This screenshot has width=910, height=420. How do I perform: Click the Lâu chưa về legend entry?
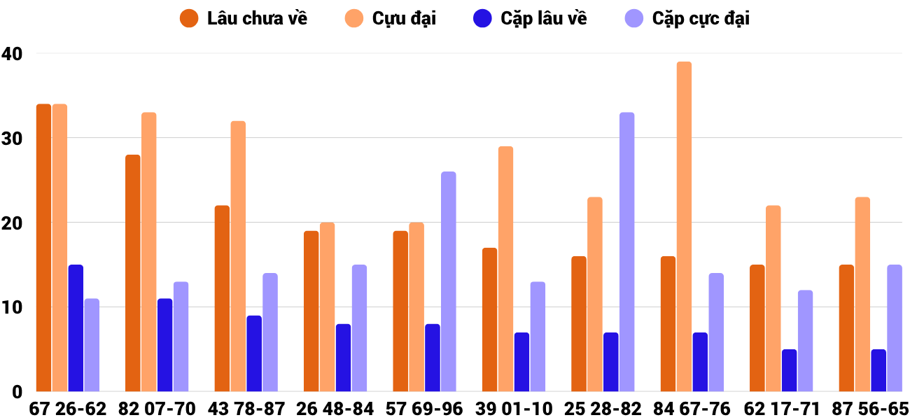pos(243,19)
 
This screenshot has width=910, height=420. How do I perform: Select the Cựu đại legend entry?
pos(390,19)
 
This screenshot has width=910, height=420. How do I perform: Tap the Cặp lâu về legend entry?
pos(530,19)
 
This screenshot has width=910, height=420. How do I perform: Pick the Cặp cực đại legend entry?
pos(686,19)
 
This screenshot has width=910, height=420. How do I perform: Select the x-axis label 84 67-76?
pos(691,409)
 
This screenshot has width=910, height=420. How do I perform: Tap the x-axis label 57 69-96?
pos(424,409)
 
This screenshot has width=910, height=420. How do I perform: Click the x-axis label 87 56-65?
pos(869,409)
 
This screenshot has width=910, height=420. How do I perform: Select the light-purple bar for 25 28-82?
pos(626,252)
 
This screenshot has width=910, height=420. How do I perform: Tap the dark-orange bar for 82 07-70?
pos(133,273)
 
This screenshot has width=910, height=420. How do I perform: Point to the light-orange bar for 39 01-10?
pos(505,269)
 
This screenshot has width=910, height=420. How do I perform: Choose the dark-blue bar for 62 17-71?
pos(789,370)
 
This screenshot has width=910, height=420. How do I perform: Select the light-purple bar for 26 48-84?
pos(359,328)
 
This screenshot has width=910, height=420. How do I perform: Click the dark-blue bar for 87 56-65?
pos(878,370)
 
